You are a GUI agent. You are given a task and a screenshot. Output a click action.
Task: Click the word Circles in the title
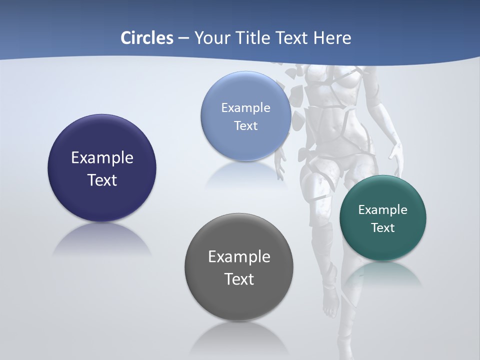click(x=146, y=38)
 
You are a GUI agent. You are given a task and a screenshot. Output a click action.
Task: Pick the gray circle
click(x=239, y=300)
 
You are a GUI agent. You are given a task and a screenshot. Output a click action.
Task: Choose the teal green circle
click(x=383, y=245)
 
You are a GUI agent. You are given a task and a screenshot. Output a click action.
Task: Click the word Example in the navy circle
click(x=102, y=158)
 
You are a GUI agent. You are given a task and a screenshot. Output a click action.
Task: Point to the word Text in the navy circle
click(x=102, y=180)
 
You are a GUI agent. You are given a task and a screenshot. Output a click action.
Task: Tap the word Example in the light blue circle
click(x=245, y=108)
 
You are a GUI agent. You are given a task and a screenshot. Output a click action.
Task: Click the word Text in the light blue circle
click(x=245, y=126)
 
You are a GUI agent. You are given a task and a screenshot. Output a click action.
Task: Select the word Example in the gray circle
click(x=239, y=257)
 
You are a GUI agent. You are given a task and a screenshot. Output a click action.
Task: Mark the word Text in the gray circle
click(x=239, y=279)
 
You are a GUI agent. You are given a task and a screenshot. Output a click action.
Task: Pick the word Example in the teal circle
click(x=383, y=210)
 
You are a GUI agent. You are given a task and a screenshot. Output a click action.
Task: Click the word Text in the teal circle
click(x=383, y=228)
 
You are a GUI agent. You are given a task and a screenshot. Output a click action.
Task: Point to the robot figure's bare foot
click(x=330, y=304)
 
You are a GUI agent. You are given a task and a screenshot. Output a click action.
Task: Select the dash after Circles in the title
click(x=183, y=38)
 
